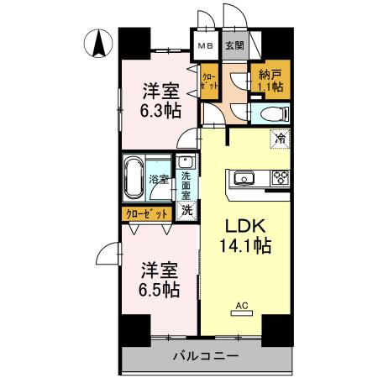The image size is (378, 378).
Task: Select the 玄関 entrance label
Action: click(234, 45)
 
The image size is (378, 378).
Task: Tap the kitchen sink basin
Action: click(244, 177)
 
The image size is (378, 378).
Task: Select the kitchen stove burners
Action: click(279, 177)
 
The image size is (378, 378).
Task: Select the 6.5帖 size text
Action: click(159, 290)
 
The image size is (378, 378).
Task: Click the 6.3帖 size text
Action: click(159, 109)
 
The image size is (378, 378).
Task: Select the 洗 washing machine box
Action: click(186, 212)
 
